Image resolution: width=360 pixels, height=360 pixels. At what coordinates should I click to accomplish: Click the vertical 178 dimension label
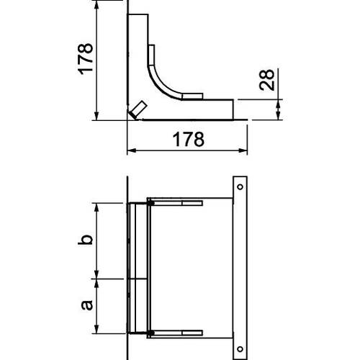[85, 59]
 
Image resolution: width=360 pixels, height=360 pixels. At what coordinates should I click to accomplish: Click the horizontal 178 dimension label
[186, 138]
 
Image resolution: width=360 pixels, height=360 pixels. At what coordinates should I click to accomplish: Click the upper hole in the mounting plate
[239, 186]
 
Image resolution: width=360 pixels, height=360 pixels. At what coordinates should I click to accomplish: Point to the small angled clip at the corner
[136, 110]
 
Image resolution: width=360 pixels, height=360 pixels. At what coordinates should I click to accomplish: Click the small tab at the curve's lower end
[191, 96]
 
